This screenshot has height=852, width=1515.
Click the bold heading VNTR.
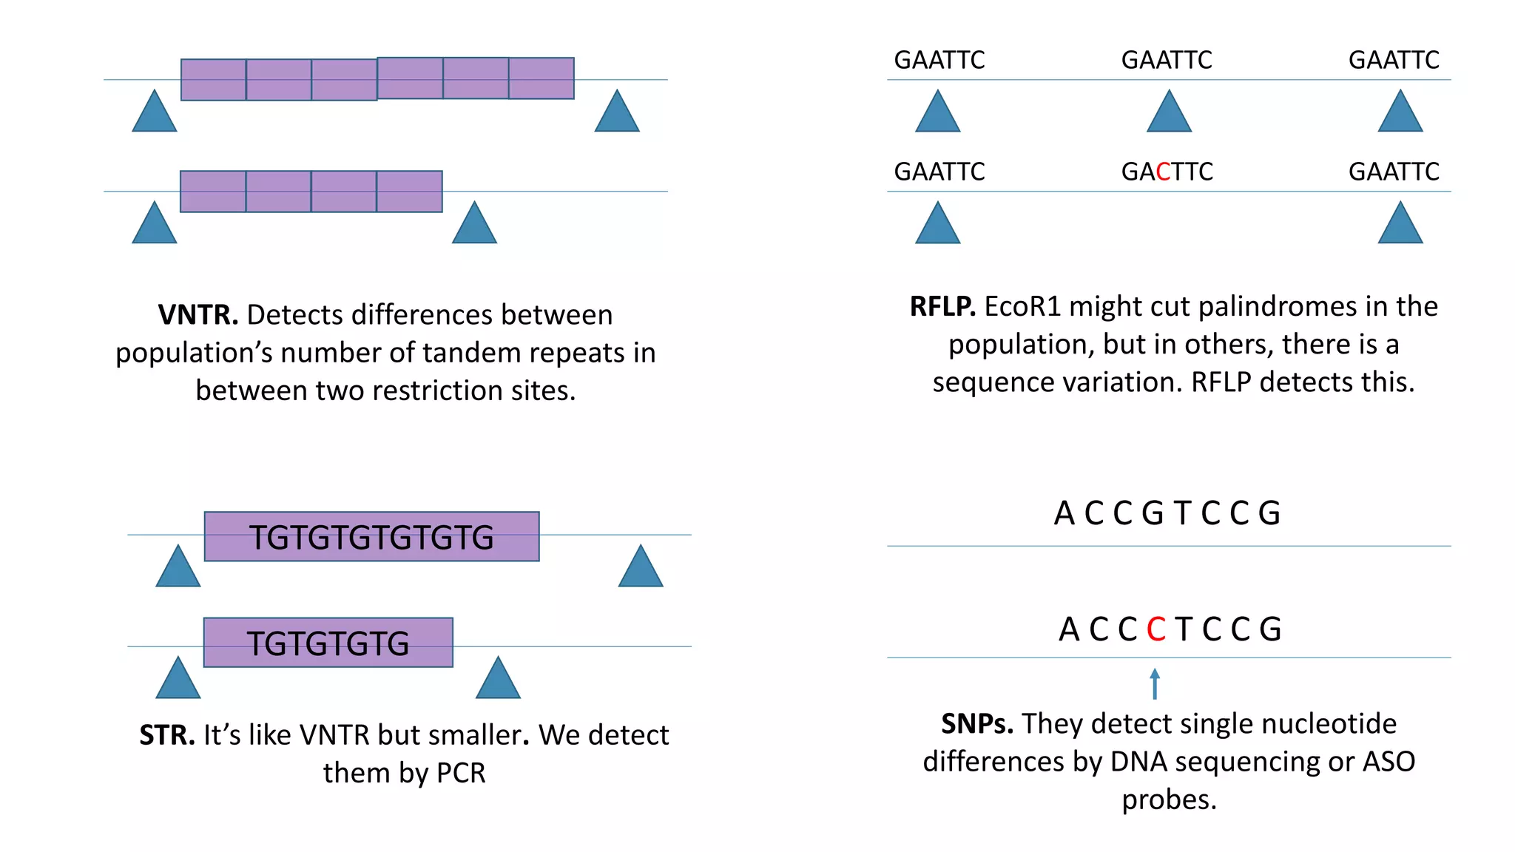(x=198, y=315)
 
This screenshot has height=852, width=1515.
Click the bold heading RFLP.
(x=942, y=307)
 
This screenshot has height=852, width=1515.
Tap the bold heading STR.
(x=167, y=735)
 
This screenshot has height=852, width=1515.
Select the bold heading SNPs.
(x=976, y=724)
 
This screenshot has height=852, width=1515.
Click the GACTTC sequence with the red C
(x=1167, y=172)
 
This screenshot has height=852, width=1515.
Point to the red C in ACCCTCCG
(x=1155, y=629)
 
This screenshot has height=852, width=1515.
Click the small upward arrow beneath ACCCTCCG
(x=1155, y=683)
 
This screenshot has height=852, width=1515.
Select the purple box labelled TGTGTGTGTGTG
(x=371, y=537)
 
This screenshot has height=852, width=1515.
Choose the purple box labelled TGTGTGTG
(x=328, y=643)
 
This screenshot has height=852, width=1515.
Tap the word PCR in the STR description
(x=461, y=774)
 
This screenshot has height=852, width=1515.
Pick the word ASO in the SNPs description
(x=1389, y=762)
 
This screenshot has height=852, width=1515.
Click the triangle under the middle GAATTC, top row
(x=1169, y=112)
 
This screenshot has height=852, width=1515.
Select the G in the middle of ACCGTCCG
(x=1152, y=513)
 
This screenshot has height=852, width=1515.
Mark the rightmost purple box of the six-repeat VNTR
(x=541, y=78)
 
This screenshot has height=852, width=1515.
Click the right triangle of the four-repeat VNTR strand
(x=474, y=223)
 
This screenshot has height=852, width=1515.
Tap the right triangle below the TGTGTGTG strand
(x=498, y=678)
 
